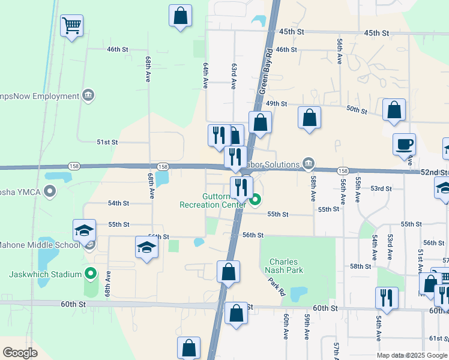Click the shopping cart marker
click(72, 26)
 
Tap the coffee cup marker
click(404, 145)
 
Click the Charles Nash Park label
click(283, 266)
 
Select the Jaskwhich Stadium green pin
click(91, 274)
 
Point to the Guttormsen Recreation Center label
click(212, 200)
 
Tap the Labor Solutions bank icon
click(309, 163)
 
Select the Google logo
click(20, 353)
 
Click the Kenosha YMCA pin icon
click(50, 192)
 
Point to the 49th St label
click(277, 103)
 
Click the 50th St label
click(356, 109)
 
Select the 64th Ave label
click(205, 76)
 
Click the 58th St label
click(361, 266)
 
